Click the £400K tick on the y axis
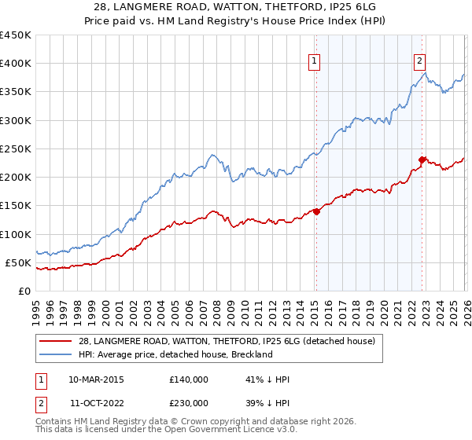pos(16,64)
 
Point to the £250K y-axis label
pos(16,148)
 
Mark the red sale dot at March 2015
pos(316,211)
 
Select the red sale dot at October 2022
pos(422,159)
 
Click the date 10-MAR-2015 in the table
pos(96,379)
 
